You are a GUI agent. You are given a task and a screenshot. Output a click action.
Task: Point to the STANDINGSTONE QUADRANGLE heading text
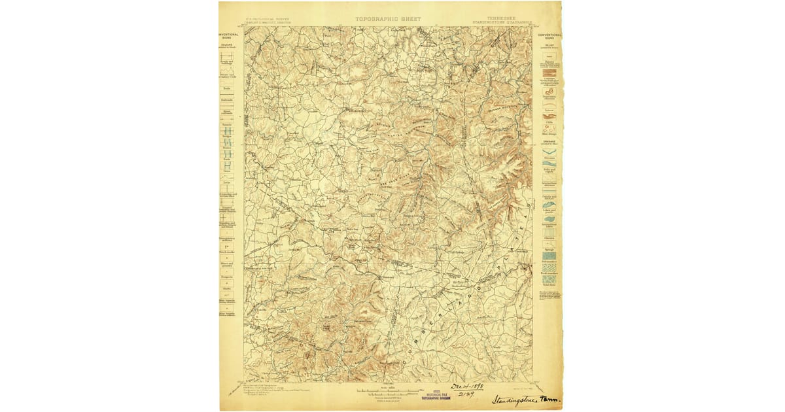tap(500, 23)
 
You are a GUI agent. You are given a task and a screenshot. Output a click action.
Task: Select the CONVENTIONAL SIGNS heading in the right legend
tap(549, 36)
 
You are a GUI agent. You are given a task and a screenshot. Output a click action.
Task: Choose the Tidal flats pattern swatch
tap(549, 279)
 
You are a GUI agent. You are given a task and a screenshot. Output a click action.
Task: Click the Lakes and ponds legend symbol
tap(549, 207)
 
